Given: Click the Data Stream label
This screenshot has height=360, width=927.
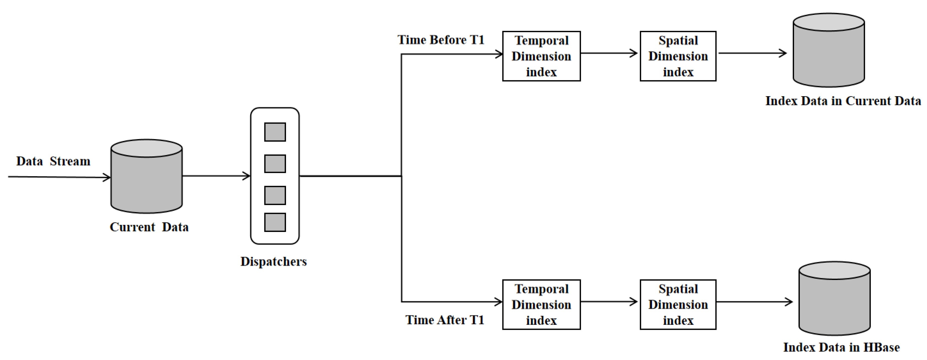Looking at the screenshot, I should (53, 161).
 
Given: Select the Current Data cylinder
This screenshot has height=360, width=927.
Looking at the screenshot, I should (146, 176).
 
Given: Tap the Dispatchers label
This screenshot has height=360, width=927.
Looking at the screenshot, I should (273, 262).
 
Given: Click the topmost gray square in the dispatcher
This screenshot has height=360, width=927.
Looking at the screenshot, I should (275, 132).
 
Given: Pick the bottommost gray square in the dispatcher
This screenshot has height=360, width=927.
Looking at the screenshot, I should (275, 222).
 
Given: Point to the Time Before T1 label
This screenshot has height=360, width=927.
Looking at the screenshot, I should (441, 40).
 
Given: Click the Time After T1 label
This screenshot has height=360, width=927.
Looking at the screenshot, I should (445, 320).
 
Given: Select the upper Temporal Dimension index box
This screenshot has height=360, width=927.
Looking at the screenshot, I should (541, 56).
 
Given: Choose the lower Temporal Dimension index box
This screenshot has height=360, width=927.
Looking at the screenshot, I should (541, 304).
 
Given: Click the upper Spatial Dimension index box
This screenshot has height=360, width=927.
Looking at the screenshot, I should (678, 56).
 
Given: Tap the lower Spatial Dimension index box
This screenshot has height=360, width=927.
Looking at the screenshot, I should (678, 304).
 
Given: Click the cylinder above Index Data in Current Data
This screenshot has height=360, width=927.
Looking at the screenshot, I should (829, 50).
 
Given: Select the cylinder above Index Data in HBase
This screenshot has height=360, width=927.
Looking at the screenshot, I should (834, 299).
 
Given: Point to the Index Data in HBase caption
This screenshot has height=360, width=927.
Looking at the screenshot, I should (841, 347).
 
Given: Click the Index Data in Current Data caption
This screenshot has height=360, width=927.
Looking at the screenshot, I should (843, 101).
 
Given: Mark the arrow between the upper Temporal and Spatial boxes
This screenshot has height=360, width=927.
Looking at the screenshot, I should (609, 53).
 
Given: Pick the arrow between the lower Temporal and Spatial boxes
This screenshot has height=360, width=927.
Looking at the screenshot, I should (609, 302).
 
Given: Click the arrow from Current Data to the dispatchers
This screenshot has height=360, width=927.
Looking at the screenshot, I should (216, 176).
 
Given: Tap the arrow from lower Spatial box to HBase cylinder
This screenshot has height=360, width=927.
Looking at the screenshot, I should (754, 302).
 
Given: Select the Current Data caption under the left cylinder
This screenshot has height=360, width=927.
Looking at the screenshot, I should (149, 227).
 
